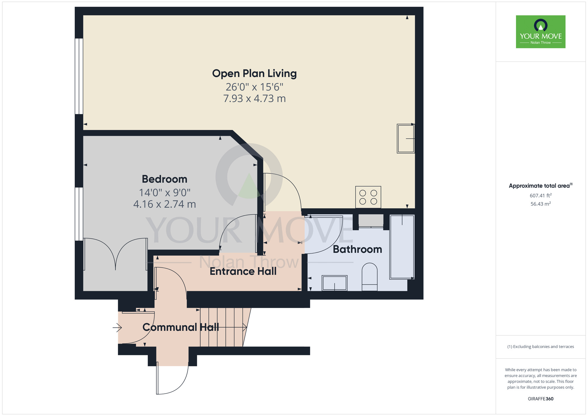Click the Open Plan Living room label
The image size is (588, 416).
tap(254, 74)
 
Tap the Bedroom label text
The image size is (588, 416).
tap(164, 179)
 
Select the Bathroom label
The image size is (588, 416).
tap(357, 249)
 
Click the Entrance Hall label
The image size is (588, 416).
tap(243, 271)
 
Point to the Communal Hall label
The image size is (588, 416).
tap(181, 327)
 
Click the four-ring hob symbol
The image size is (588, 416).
tap(368, 197)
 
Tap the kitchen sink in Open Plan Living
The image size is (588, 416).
tap(406, 138)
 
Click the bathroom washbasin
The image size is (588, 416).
tap(335, 283)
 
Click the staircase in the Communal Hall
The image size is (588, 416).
tap(223, 327)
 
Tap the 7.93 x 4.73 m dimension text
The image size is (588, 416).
tap(254, 99)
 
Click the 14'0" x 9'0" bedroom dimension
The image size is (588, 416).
tap(164, 193)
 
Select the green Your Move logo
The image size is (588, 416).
tap(540, 32)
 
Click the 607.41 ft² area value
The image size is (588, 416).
tap(540, 195)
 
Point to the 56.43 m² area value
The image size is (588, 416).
tap(540, 204)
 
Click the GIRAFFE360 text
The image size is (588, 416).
tap(540, 399)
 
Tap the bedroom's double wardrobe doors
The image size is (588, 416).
tap(116, 254)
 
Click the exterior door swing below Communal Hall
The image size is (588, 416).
tap(172, 380)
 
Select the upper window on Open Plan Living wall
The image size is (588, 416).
tap(79, 76)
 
